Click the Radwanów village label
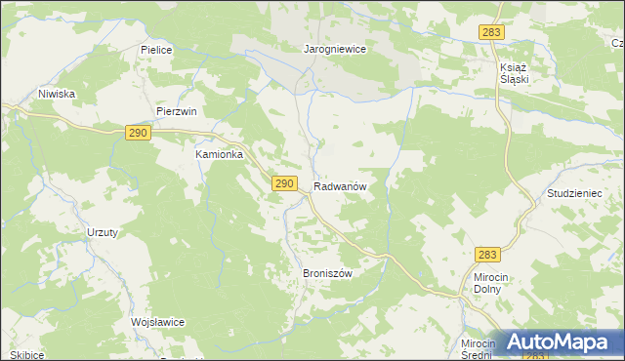click(340, 185)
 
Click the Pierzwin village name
click(177, 111)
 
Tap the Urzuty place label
click(103, 231)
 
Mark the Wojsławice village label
click(157, 322)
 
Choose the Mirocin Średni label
click(479, 350)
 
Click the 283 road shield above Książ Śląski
click(491, 33)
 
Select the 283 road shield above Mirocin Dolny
click(489, 255)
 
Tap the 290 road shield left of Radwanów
click(284, 183)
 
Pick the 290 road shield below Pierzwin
click(137, 133)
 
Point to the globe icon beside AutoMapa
click(509, 342)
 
